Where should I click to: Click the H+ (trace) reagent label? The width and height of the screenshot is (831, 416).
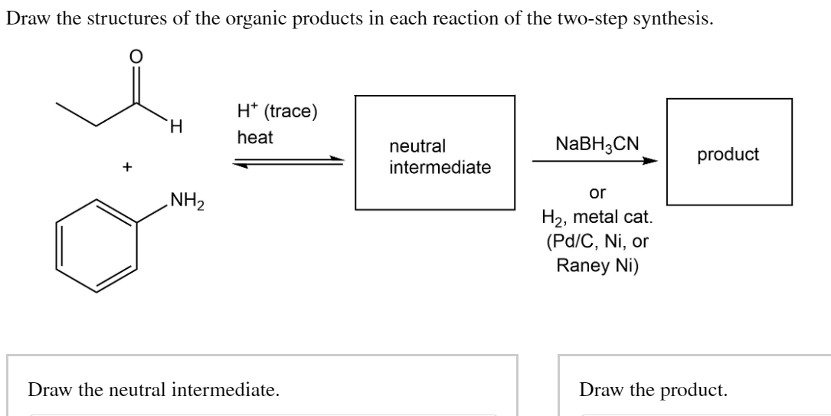(276, 111)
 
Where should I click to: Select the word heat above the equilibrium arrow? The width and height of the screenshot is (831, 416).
(254, 138)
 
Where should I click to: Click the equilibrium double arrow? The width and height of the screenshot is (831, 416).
(288, 162)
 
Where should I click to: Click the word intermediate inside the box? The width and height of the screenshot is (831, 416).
(440, 166)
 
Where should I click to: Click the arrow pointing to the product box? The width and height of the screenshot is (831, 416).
(595, 162)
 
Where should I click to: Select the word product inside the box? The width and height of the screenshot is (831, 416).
(728, 154)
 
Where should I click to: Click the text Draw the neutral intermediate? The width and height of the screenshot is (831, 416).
(153, 390)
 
